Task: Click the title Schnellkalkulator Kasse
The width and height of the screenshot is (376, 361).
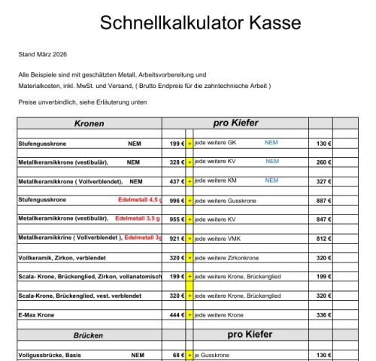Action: click(x=200, y=23)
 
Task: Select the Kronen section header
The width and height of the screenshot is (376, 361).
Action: click(x=89, y=123)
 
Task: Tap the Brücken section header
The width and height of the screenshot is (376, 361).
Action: click(x=88, y=335)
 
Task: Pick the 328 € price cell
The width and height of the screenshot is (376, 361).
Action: click(x=177, y=161)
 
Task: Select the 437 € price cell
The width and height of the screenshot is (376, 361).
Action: click(x=177, y=180)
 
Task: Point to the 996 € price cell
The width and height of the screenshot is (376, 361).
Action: click(x=177, y=200)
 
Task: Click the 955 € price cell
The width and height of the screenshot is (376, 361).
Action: click(x=177, y=220)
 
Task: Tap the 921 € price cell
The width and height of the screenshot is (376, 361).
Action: click(x=177, y=238)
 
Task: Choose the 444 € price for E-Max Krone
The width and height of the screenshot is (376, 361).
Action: click(x=177, y=316)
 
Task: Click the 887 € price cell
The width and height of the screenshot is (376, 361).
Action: click(x=324, y=200)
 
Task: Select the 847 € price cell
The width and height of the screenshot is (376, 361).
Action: click(x=324, y=220)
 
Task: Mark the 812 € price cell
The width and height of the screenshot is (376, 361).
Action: click(x=324, y=238)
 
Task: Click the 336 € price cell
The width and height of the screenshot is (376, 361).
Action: click(x=324, y=316)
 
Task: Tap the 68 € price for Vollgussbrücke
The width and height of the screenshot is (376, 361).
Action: click(x=178, y=355)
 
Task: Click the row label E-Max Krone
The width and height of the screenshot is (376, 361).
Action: click(x=36, y=316)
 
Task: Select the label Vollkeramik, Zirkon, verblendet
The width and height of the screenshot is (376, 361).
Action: click(x=60, y=258)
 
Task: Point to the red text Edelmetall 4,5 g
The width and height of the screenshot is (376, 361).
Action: click(x=140, y=200)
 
